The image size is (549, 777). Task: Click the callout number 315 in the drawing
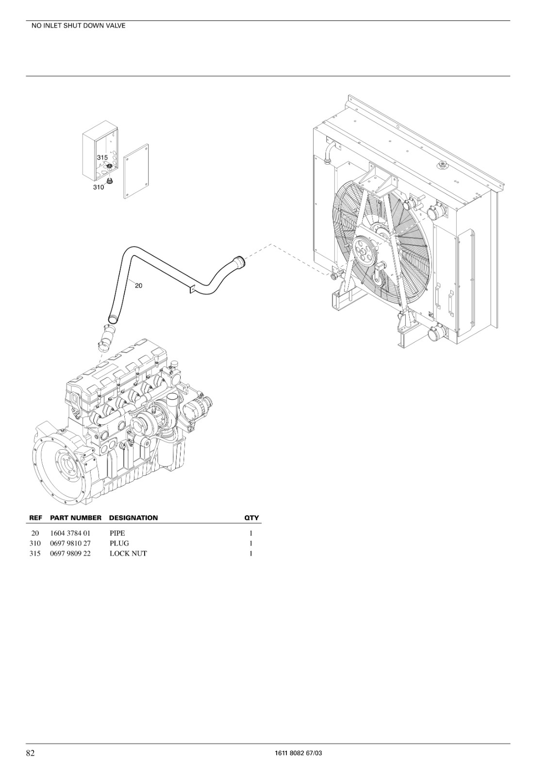pos(102,157)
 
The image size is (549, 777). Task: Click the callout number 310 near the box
pos(99,187)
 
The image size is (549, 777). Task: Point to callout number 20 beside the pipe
pos(139,286)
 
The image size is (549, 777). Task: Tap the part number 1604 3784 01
pos(70,533)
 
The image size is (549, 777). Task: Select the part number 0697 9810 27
pos(70,543)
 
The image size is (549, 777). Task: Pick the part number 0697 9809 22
pos(70,553)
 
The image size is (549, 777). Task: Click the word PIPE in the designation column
pos(117,533)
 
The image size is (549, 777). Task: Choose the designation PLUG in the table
pos(119,543)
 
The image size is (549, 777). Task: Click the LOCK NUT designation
pos(128,553)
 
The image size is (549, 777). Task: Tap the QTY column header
pos(252,518)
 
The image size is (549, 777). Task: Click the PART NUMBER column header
pos(76,518)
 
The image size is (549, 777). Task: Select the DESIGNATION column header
pos(133,518)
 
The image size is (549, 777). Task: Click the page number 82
pos(31,750)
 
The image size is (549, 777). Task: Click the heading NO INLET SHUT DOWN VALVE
pos(78,26)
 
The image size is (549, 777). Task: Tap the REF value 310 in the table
pos(35,543)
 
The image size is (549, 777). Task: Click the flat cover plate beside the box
pos(136,171)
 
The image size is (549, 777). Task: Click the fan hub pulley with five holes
pos(365,251)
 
